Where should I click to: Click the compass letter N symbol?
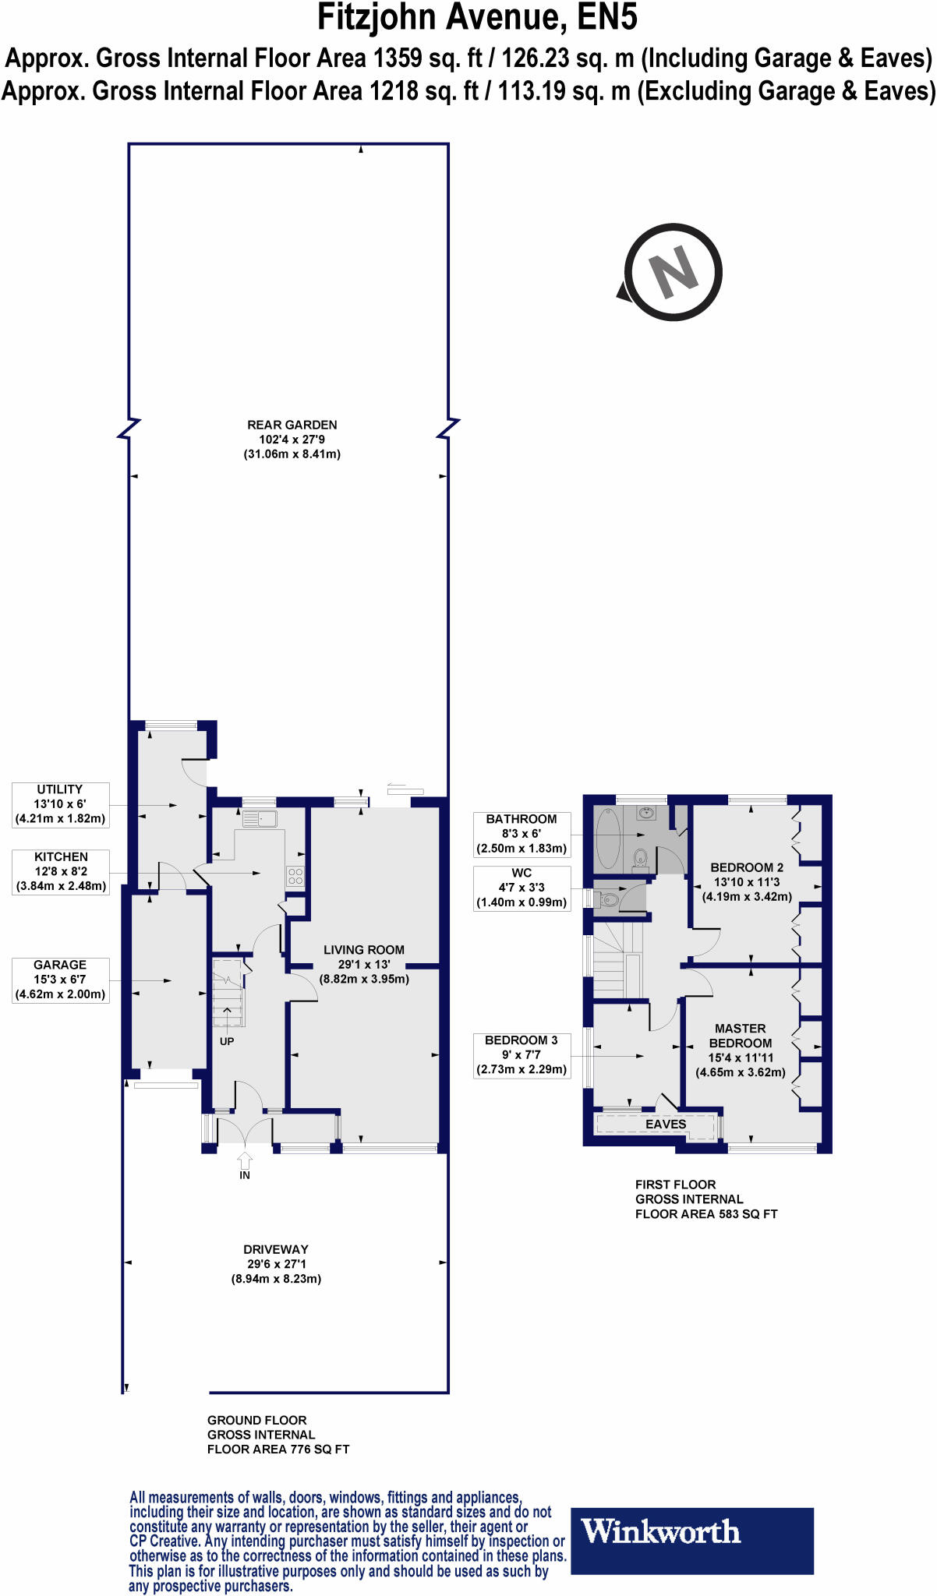pos(674,272)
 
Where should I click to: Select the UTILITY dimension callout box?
pos(60,804)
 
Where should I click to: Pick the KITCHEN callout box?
pos(61,871)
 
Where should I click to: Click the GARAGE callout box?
pos(60,980)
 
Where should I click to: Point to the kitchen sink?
pos(260,818)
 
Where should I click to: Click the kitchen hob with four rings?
pos(295,876)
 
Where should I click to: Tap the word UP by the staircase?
pos(227,1041)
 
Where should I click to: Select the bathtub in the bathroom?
pos(608,839)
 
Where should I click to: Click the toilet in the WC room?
pos(608,901)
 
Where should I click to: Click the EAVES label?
pos(666,1125)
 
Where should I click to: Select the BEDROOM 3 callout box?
pos(522,1055)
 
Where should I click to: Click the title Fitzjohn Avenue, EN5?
pos(476,19)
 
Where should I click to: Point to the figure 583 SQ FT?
pos(748,1214)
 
